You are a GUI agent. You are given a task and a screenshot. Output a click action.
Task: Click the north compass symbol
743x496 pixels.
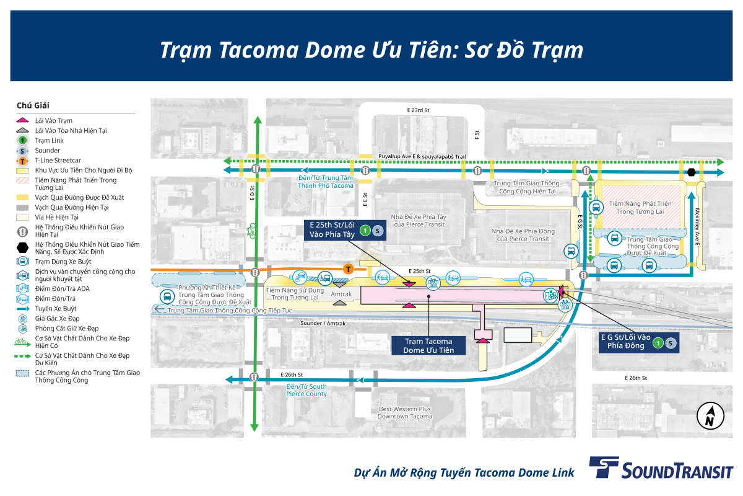coord(710,416)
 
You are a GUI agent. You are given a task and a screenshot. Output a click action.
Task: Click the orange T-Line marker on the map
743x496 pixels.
coord(348,268)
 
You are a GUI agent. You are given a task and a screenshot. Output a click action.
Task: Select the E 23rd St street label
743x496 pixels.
coord(418,110)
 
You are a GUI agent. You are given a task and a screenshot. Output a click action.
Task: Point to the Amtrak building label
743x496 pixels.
coord(341,294)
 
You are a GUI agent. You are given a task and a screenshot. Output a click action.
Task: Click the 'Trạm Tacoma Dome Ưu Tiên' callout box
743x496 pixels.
coord(428,345)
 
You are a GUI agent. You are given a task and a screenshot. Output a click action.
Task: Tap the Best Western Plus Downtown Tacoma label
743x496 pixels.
coord(405,413)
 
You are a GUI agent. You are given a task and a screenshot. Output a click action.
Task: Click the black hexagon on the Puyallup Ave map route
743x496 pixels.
coord(691,172)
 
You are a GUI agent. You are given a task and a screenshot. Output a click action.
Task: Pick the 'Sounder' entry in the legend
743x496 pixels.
coord(48,151)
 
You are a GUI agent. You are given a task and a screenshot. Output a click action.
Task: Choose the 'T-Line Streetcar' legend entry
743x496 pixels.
coord(58,161)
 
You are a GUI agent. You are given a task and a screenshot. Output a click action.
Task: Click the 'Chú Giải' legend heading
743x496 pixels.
coord(33,105)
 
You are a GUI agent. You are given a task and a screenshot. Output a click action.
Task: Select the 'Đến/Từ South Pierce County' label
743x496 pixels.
coord(306,391)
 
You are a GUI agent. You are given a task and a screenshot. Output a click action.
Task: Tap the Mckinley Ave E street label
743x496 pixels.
coord(697,227)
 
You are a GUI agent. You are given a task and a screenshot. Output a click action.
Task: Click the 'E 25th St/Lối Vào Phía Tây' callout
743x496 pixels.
coord(345,230)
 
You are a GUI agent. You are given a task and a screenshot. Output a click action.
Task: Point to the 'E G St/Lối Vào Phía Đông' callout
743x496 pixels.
coord(639,342)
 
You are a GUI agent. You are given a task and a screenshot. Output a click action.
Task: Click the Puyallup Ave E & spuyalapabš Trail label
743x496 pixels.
coord(422,156)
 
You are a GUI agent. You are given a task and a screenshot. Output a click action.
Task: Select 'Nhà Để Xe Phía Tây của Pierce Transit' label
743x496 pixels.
coord(419,221)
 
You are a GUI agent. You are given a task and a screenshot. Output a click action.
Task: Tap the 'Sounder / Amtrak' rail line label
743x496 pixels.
coord(323,323)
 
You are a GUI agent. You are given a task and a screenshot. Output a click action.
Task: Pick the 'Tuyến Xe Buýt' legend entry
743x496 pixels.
coord(56,309)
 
